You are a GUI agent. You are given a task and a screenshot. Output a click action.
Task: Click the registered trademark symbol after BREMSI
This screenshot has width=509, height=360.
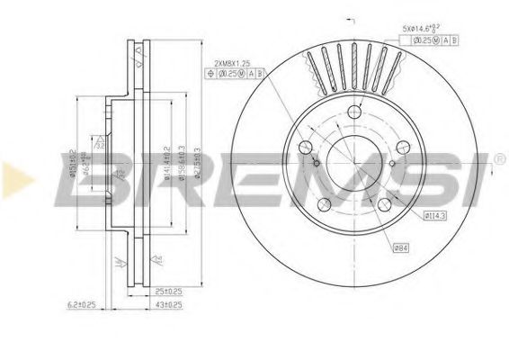tap(497, 159)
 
